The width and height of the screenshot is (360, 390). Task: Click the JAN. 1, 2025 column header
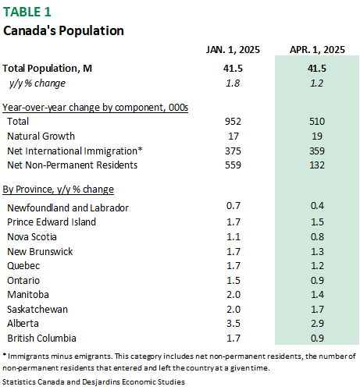(233, 50)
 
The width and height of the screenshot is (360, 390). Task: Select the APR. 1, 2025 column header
(317, 50)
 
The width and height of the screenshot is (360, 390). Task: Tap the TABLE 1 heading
(27, 12)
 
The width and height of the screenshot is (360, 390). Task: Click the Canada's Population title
(63, 30)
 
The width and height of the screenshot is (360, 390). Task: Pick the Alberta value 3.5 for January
(233, 324)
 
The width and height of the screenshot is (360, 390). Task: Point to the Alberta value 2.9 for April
(317, 324)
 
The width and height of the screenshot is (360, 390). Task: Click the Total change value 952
(233, 122)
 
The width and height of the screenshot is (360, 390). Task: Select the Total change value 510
(317, 122)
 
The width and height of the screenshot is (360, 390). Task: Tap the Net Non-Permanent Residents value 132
(317, 165)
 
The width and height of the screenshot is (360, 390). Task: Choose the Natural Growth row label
(41, 136)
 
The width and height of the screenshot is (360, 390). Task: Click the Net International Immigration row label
(75, 151)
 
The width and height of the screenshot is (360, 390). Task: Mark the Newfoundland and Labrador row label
(68, 208)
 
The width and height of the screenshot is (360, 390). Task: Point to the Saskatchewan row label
(37, 310)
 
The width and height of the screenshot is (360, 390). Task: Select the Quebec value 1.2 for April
(317, 266)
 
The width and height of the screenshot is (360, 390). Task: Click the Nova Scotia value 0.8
(317, 237)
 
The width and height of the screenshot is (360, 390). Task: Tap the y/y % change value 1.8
(233, 83)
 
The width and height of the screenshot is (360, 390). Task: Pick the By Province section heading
(59, 190)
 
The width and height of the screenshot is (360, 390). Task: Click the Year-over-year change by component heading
(95, 108)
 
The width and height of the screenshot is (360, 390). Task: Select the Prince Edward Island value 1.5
(317, 222)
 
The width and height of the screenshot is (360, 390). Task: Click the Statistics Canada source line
(94, 382)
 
